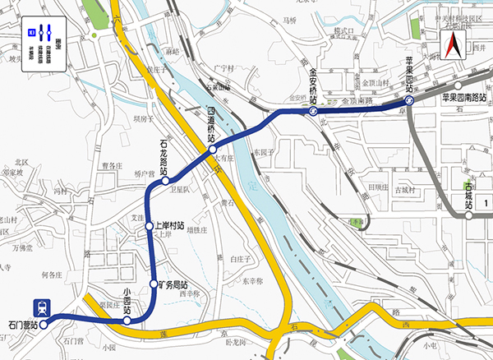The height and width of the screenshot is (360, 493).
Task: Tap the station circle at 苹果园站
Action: pos(408,101)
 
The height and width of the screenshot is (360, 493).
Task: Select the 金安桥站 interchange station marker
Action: pos(314,108)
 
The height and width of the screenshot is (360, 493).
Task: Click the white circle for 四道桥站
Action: pos(212,150)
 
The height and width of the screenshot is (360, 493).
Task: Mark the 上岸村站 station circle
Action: pos(149,226)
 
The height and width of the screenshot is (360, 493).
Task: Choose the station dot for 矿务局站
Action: pos(154,284)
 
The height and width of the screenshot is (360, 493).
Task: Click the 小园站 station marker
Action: pos(127,321)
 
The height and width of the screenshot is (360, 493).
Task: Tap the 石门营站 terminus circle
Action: pos(44,323)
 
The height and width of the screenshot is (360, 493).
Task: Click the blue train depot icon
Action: pos(39,307)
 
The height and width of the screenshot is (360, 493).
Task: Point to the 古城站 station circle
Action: pos(468,217)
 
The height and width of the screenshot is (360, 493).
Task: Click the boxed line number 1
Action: pos(486,202)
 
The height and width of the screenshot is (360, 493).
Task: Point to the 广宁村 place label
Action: pos(223,68)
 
